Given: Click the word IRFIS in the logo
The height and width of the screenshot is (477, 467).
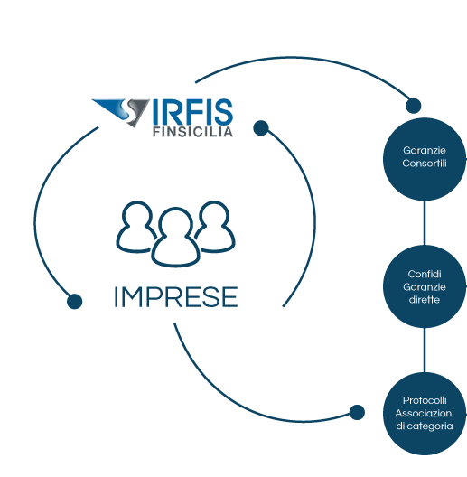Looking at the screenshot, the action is tap(192, 111).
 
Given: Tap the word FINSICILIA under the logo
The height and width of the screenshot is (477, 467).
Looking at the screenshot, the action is tap(193, 132).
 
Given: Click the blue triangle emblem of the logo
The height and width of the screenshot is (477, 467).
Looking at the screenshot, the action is tap(121, 112).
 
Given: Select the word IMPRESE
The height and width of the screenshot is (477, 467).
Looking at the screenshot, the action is tap(176, 297).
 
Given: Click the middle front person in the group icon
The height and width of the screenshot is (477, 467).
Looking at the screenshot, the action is tap(175, 238).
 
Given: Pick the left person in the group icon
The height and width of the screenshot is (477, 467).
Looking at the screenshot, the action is tap(135, 227).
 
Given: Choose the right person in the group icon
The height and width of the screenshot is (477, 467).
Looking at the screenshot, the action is tap(216, 227).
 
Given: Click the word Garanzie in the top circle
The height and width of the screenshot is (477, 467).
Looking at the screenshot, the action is tap(425, 151).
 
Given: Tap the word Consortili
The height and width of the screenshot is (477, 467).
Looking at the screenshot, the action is tap(425, 164).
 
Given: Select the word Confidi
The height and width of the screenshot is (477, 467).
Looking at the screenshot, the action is tap(425, 274).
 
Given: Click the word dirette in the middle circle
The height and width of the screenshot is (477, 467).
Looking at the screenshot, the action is tap(425, 300).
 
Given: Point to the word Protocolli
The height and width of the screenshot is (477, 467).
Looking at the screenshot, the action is tap(425, 400).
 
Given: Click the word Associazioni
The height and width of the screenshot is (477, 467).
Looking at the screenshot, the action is tap(425, 413).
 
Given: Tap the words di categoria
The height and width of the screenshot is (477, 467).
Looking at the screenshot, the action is tap(425, 426).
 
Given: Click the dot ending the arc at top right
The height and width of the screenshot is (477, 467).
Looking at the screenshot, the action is tap(414, 106).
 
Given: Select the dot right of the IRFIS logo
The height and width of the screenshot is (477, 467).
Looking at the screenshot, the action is tap(261, 127).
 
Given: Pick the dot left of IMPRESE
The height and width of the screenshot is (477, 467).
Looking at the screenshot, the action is tap(75, 301).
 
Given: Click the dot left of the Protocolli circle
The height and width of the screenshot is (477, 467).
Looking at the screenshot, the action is tap(357, 413).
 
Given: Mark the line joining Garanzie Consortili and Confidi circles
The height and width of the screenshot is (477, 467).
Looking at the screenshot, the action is tap(425, 223).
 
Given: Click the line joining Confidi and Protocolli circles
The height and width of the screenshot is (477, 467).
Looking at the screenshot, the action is tap(425, 351).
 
